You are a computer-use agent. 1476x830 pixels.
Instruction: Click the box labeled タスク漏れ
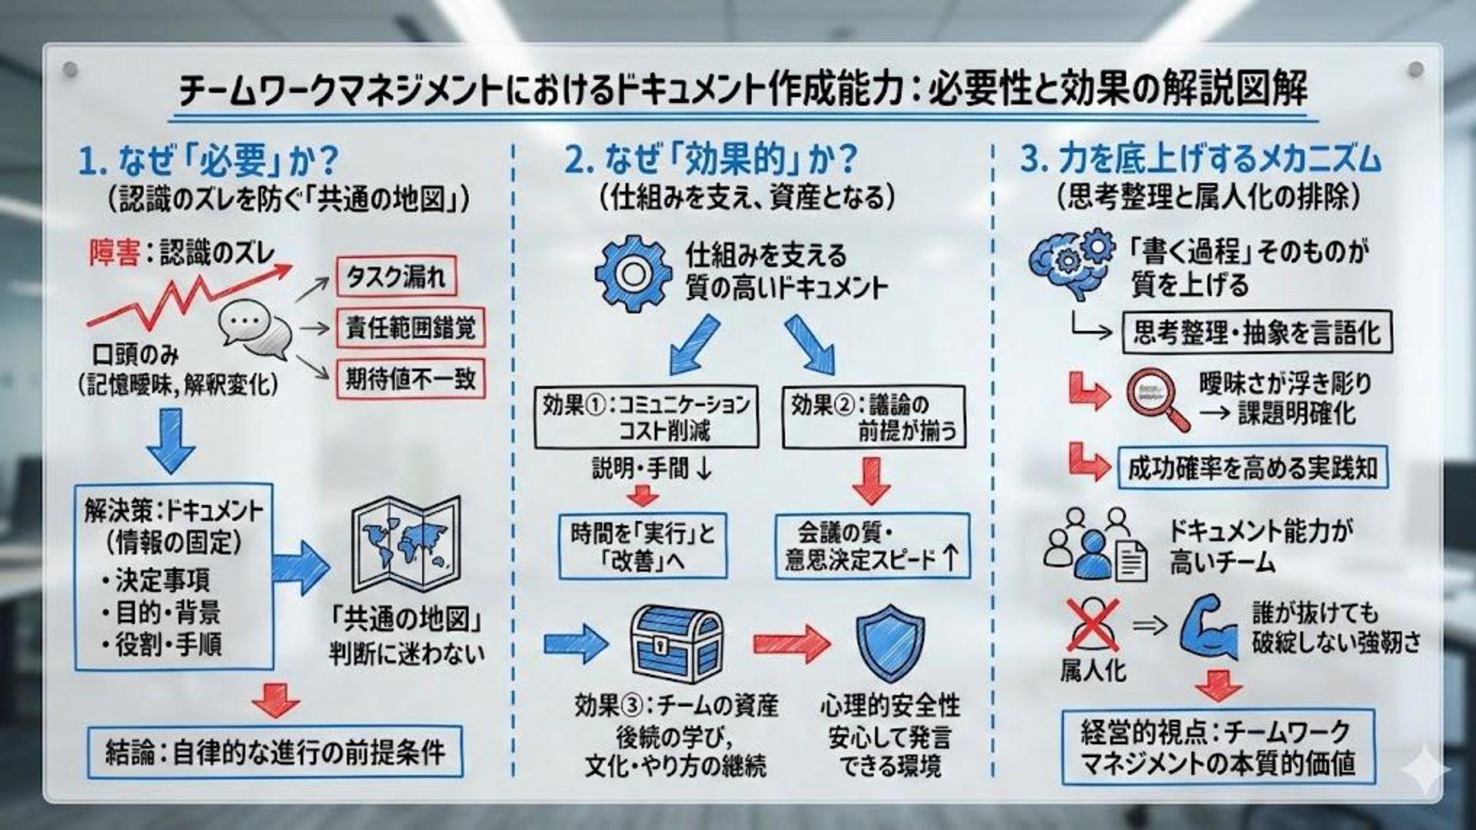click(396, 276)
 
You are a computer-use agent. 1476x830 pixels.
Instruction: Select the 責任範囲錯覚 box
click(411, 327)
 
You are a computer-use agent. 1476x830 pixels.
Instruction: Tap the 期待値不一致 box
click(411, 378)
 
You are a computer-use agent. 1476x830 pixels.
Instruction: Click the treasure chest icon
click(676, 645)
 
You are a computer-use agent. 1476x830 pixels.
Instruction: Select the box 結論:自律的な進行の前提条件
click(274, 751)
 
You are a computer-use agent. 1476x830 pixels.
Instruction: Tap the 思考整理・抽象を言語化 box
click(1257, 333)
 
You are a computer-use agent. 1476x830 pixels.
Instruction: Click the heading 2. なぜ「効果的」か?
click(711, 159)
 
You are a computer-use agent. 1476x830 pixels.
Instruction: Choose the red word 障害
click(113, 253)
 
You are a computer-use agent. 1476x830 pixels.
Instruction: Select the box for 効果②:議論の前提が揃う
click(873, 417)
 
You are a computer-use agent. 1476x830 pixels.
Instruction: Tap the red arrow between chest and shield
click(790, 643)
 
